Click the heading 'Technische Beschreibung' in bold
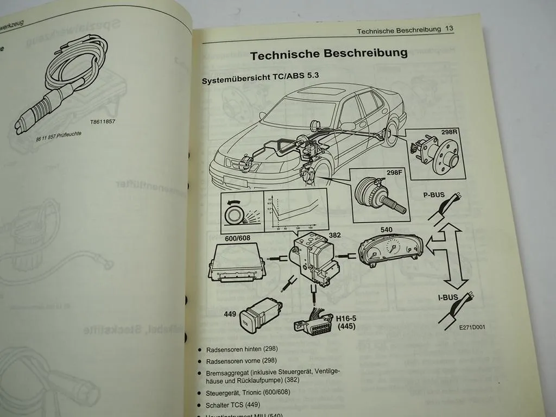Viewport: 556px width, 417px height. [328, 54]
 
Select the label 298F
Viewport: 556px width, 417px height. [394, 173]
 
